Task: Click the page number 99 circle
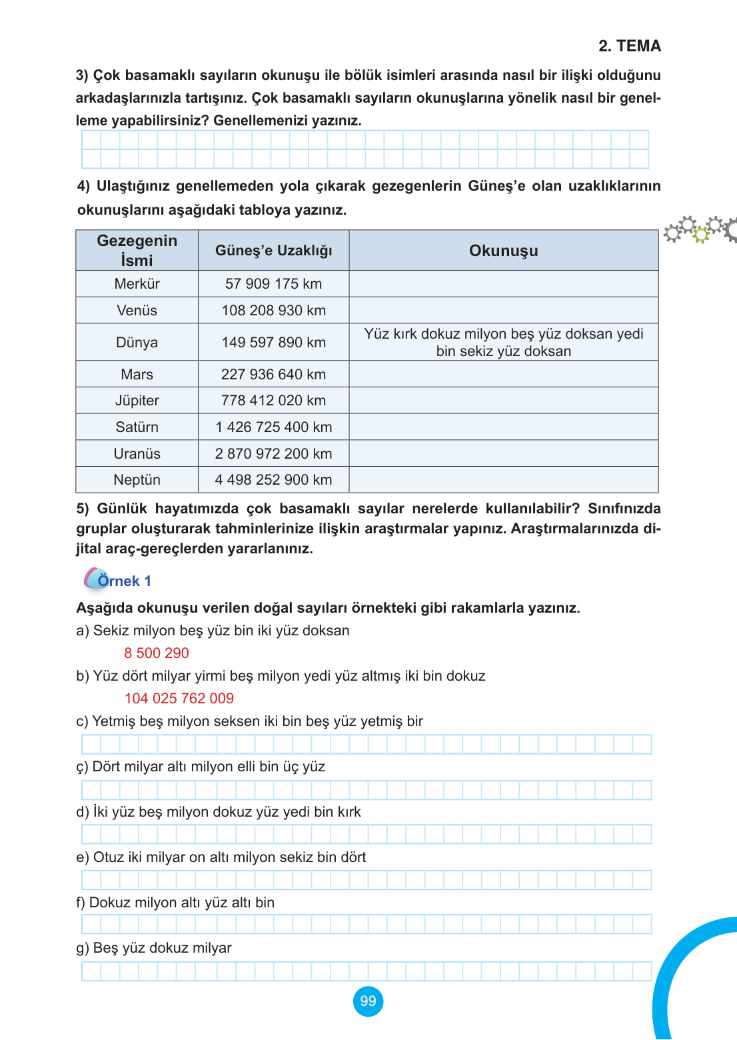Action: tap(368, 1001)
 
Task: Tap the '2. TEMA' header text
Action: tap(629, 46)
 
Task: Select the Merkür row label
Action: tap(137, 284)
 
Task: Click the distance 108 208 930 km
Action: tap(273, 311)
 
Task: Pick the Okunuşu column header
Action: tap(503, 251)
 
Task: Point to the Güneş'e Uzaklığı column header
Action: tap(273, 251)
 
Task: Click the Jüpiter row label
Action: tap(137, 401)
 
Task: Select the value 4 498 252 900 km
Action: tap(273, 480)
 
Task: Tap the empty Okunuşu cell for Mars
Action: tap(503, 374)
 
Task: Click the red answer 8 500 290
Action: tap(157, 653)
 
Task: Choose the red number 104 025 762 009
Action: tap(179, 699)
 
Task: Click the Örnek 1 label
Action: tap(124, 581)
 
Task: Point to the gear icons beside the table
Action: tap(700, 229)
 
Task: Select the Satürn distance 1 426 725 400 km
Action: tap(273, 427)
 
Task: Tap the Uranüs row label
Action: tap(137, 454)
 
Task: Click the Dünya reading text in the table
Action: tap(503, 342)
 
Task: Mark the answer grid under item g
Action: tap(366, 971)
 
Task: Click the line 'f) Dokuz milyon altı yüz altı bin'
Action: tap(175, 903)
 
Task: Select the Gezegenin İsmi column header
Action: tap(137, 251)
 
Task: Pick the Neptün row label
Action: tap(137, 480)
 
